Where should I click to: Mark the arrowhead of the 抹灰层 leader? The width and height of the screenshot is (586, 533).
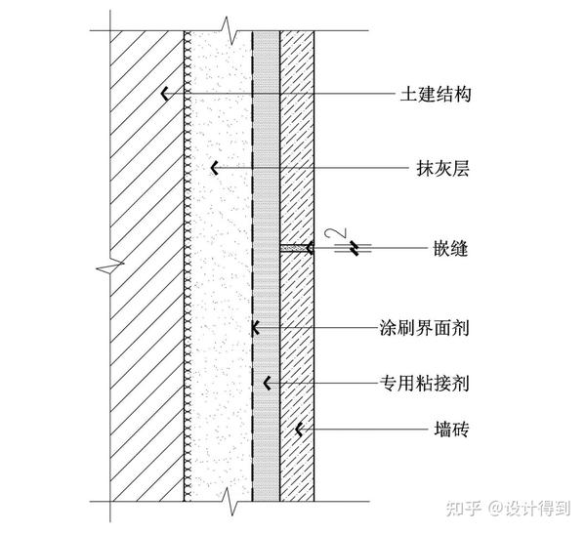point(214,170)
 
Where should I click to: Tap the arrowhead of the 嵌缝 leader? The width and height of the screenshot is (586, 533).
point(309,249)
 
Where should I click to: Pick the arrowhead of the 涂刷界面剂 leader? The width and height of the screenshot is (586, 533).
point(253,327)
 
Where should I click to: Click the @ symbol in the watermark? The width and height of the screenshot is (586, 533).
point(496,508)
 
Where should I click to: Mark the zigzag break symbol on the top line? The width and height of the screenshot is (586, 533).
point(227,29)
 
